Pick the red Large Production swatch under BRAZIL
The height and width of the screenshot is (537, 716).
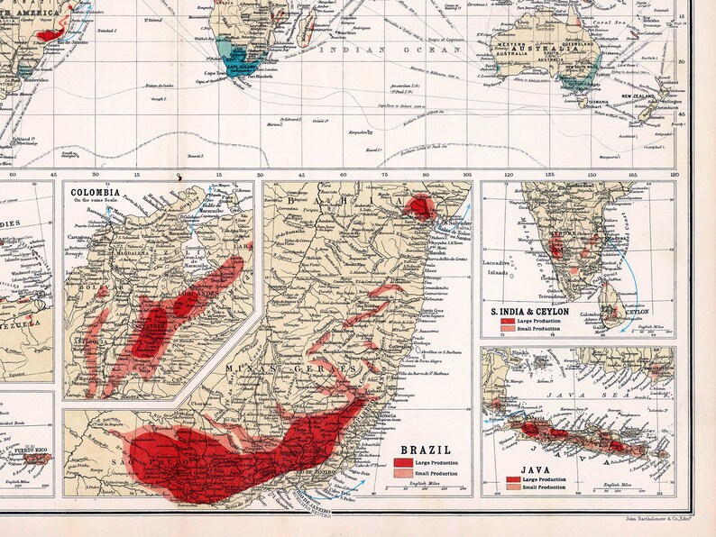tap(401, 461)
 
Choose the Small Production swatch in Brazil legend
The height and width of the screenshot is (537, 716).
tap(401, 472)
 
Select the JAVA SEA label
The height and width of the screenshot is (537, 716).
tap(562, 393)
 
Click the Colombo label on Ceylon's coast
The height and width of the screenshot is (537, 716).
tap(594, 314)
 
